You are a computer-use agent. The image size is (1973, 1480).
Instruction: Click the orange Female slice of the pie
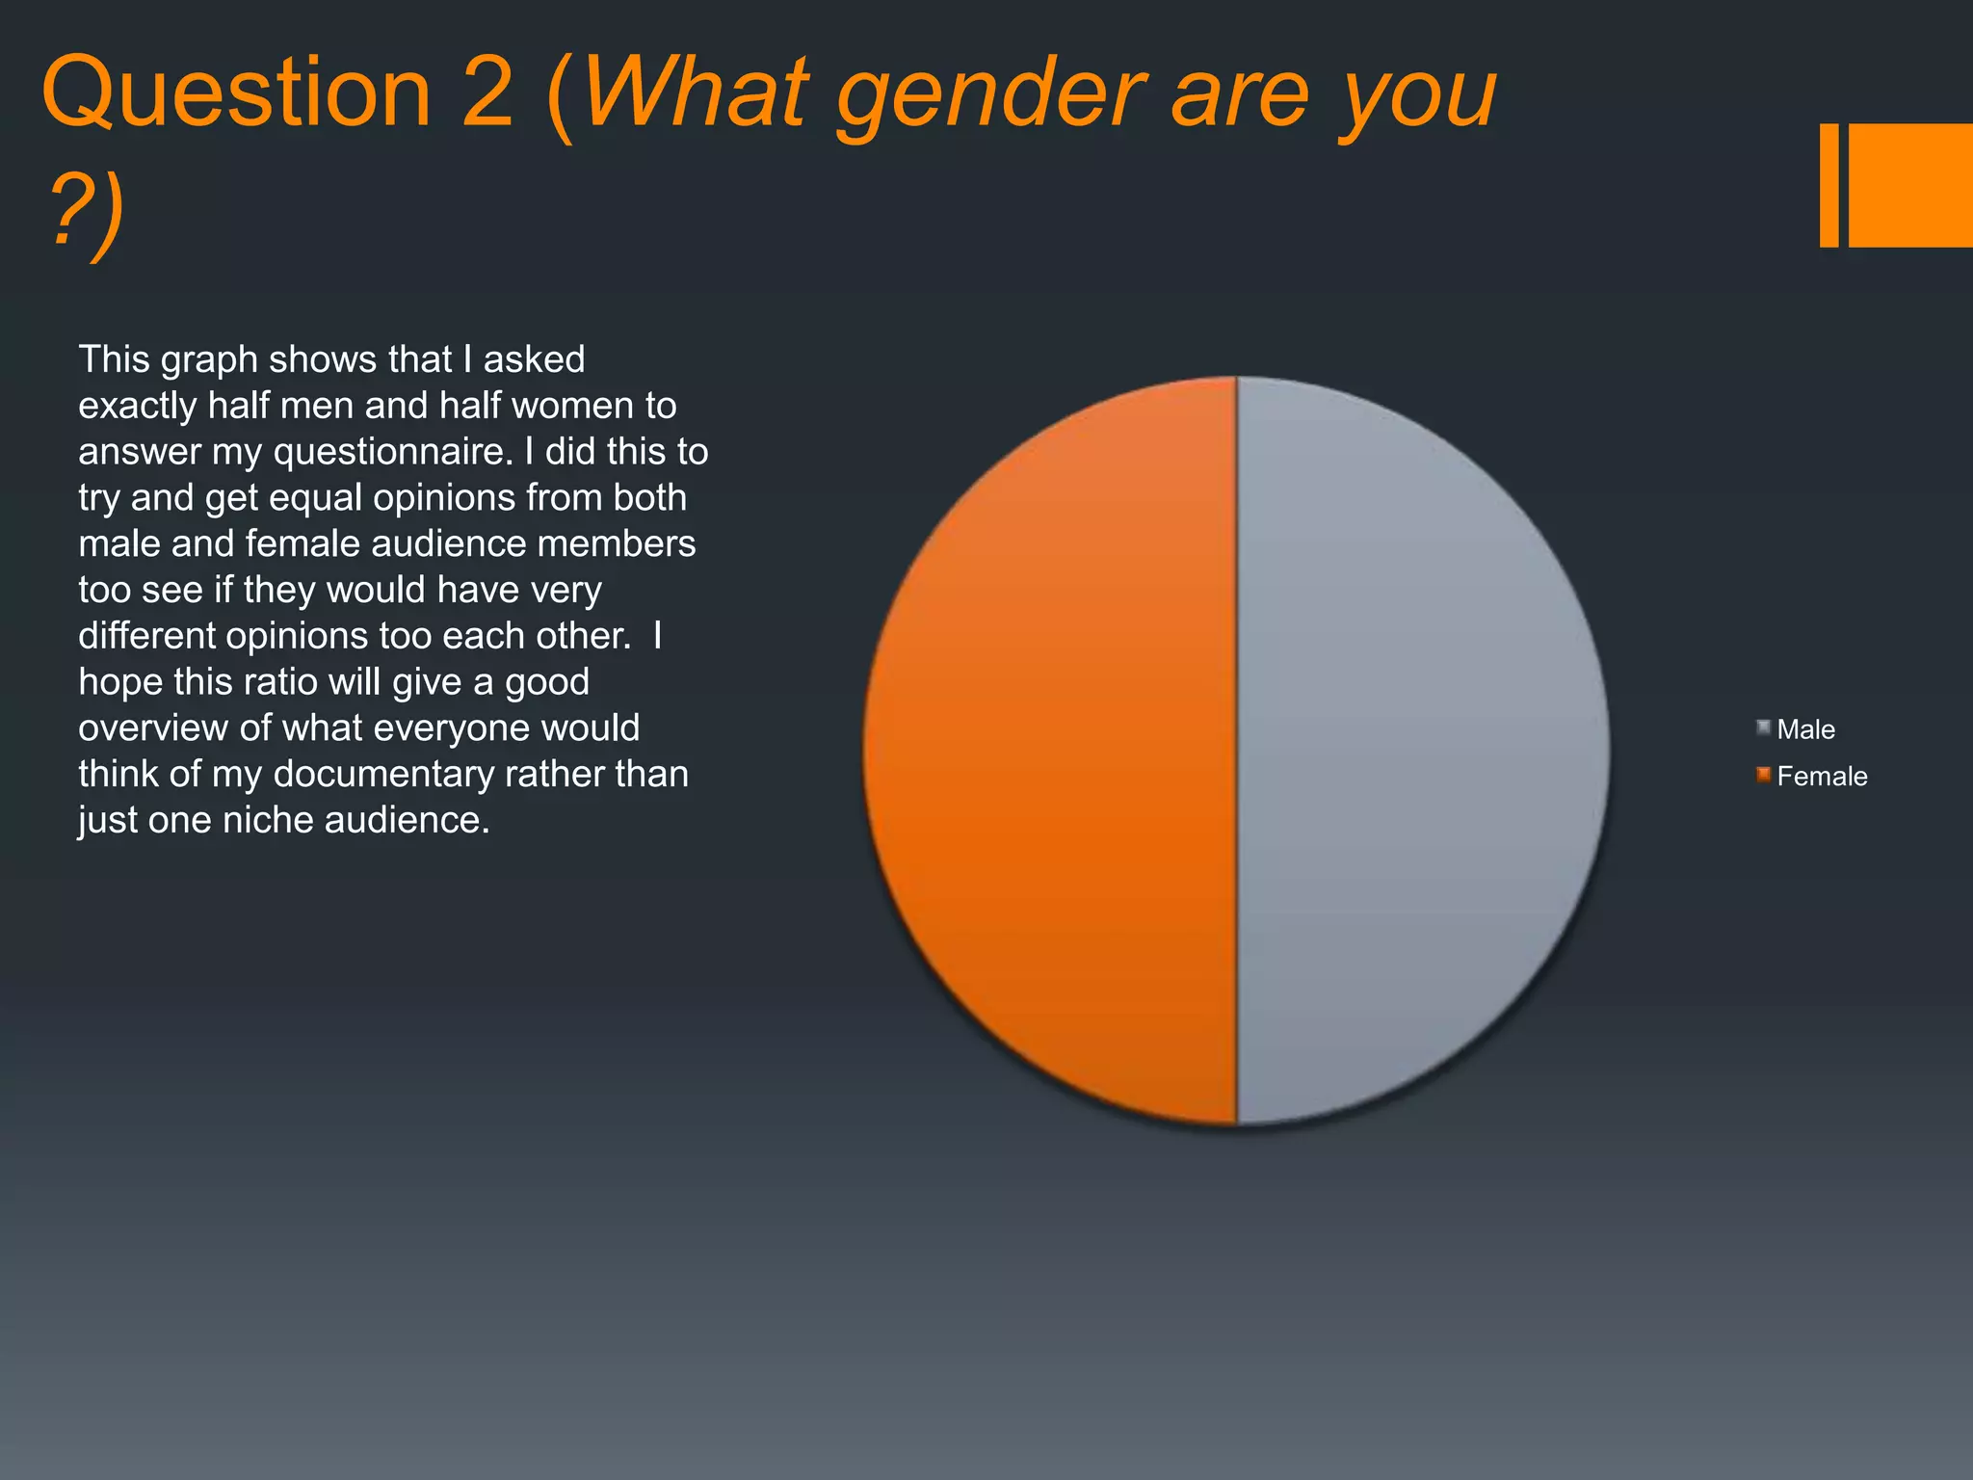click(x=1050, y=752)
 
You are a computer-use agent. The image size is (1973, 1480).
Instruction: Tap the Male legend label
click(x=1805, y=729)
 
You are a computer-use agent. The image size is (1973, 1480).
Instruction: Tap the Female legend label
click(x=1822, y=777)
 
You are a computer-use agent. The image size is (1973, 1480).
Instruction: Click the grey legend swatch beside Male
click(x=1763, y=728)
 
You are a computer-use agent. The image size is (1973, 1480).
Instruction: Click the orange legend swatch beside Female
click(x=1763, y=776)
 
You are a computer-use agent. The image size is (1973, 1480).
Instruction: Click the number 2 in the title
click(x=487, y=93)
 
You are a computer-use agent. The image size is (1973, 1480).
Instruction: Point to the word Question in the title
click(x=236, y=93)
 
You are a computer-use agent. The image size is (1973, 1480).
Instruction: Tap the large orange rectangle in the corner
click(x=1909, y=185)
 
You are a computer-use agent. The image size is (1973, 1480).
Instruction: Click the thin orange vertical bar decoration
click(x=1828, y=185)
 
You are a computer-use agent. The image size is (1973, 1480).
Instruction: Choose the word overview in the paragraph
click(x=153, y=728)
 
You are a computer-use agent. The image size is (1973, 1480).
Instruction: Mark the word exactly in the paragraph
click(x=138, y=407)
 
